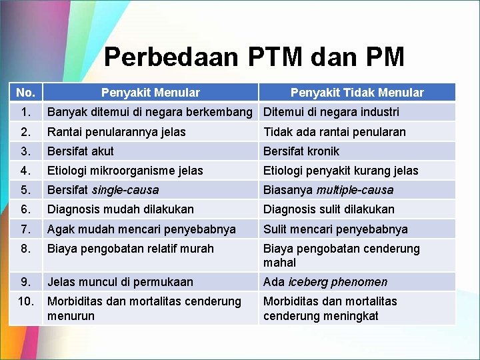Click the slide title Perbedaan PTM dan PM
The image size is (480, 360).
click(254, 57)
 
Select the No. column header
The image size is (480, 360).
click(25, 93)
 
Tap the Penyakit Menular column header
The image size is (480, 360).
click(150, 93)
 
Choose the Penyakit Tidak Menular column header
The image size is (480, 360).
click(357, 93)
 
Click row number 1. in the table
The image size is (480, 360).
click(25, 112)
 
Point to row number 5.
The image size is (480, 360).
click(25, 190)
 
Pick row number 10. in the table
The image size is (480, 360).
click(25, 301)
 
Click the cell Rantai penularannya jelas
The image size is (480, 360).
click(116, 131)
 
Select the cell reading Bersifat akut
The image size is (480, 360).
click(80, 151)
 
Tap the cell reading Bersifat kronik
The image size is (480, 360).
click(301, 151)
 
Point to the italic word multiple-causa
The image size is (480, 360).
click(355, 190)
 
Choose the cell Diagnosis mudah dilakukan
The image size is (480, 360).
click(120, 209)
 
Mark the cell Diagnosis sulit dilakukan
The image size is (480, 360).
click(329, 209)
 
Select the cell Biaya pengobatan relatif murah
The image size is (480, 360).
click(130, 249)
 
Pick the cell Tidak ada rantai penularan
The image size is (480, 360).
click(334, 131)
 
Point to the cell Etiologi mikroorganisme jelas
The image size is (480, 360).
click(125, 171)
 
